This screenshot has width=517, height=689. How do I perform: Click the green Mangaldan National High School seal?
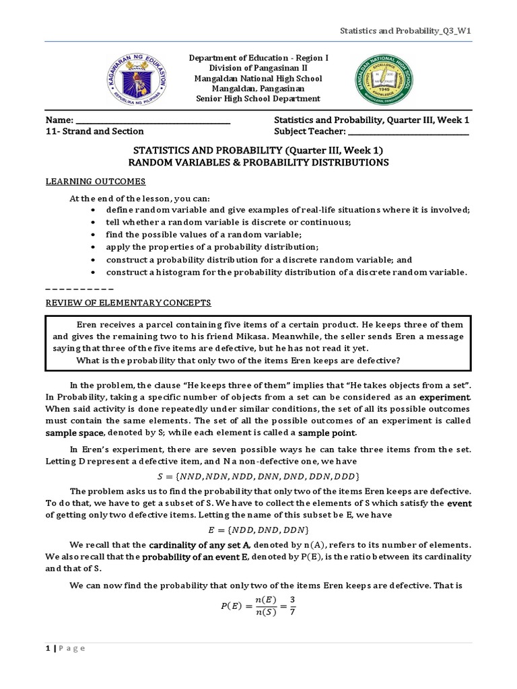click(x=386, y=79)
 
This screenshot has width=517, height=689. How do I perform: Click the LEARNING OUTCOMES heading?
click(x=96, y=182)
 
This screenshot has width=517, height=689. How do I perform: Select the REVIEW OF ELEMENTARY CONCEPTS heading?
click(x=128, y=302)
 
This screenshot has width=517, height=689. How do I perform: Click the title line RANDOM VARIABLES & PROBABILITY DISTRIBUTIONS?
click(x=258, y=163)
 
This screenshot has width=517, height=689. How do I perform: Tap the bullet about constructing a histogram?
click(x=285, y=272)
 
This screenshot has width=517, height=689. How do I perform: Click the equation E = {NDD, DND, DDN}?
click(x=258, y=530)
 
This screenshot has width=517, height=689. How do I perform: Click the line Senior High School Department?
click(x=258, y=99)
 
